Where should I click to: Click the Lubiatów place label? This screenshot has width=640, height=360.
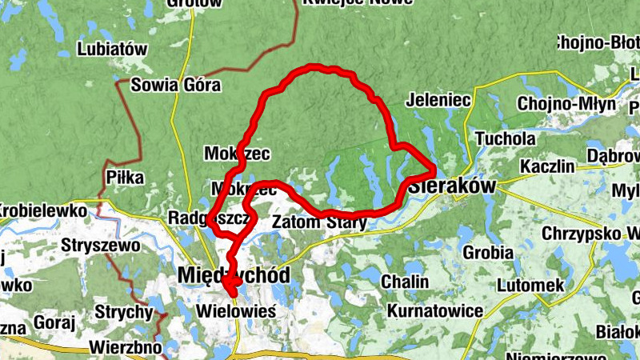point(113,49)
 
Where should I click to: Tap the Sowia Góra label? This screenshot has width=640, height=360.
point(176,85)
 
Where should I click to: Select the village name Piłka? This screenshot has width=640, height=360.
point(125,178)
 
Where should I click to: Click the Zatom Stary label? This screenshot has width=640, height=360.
point(320,222)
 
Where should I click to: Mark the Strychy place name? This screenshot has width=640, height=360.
point(123,310)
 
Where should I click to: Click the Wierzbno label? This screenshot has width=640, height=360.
point(126,347)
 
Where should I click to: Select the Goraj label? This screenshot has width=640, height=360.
point(55,322)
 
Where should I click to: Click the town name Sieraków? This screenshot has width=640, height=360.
point(454,186)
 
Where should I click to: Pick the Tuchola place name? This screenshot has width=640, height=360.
point(506,138)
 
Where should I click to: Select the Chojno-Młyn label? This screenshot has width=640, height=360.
point(566,104)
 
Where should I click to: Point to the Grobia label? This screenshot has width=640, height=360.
point(487,253)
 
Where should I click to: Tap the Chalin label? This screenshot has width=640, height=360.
point(405,282)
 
